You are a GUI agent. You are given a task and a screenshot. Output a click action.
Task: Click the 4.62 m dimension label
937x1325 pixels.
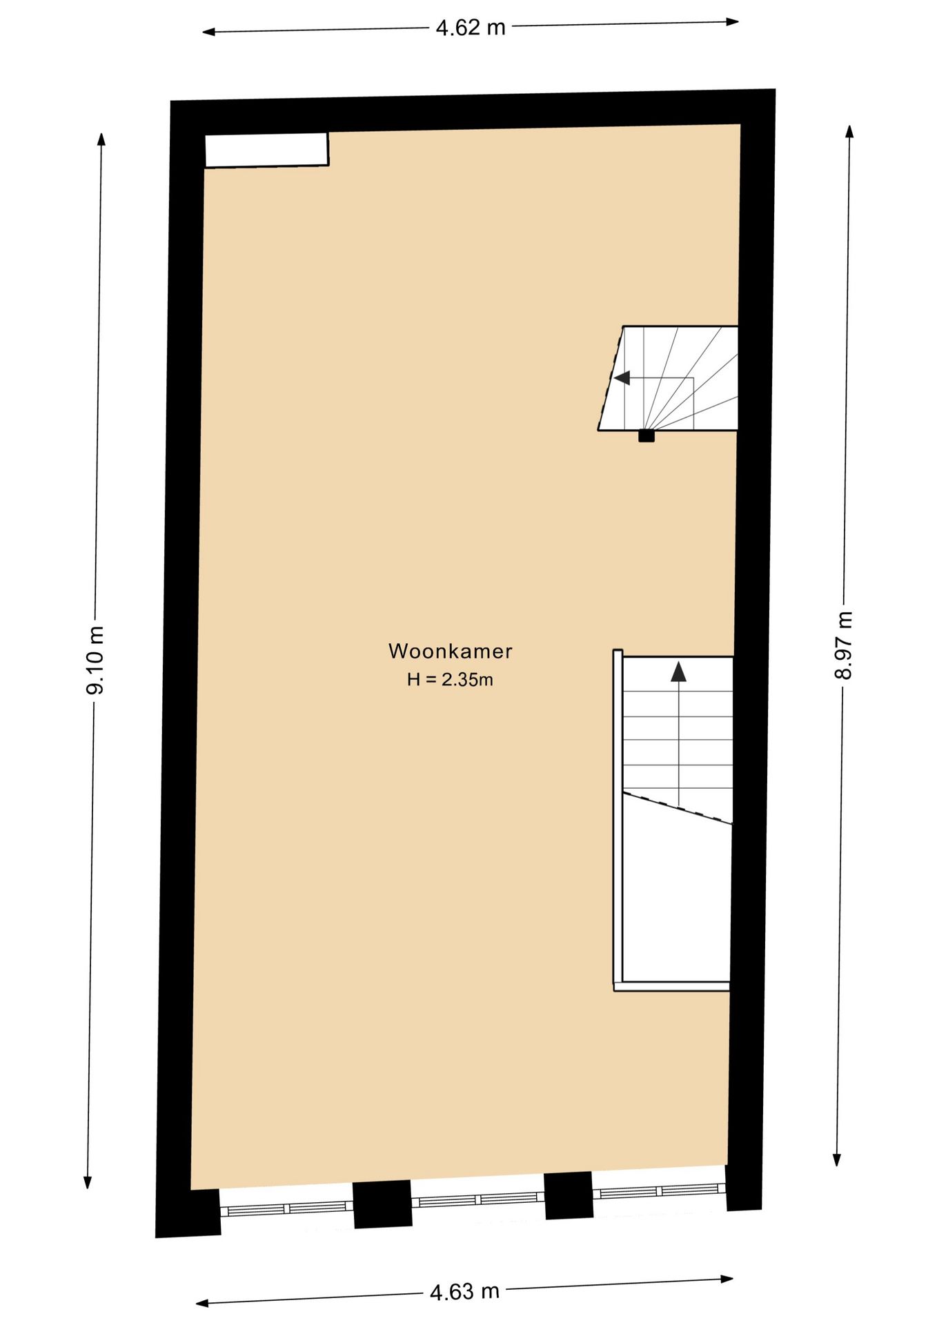point(471,28)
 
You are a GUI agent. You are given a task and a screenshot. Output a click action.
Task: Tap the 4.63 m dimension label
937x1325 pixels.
point(464,1290)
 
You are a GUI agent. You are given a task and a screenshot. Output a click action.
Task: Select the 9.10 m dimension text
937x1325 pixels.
point(95,660)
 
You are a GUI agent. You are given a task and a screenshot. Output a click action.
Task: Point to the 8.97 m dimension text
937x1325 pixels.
point(843,645)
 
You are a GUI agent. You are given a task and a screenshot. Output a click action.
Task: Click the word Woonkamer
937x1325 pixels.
point(450,651)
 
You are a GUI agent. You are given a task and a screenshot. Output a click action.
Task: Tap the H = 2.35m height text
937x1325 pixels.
point(450,680)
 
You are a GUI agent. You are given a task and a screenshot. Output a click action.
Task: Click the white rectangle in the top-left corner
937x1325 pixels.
point(266,150)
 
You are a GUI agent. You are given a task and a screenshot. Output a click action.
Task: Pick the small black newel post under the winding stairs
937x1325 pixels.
point(646,435)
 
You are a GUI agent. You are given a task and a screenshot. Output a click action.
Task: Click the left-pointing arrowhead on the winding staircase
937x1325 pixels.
point(622,378)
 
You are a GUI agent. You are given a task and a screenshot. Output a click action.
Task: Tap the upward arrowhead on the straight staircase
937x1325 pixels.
point(679,671)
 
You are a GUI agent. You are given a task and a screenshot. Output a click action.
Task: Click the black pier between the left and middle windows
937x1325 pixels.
point(382,1204)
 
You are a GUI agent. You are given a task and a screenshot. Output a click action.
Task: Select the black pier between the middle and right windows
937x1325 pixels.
point(569,1195)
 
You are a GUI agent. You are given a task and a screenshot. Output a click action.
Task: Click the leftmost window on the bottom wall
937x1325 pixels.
point(287,1208)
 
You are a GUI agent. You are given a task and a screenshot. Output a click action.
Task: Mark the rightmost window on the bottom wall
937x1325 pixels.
point(660,1191)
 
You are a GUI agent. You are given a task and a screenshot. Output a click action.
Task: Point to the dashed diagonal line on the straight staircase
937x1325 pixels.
point(677,807)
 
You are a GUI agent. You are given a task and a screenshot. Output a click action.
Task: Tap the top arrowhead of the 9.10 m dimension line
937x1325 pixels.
point(101,138)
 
